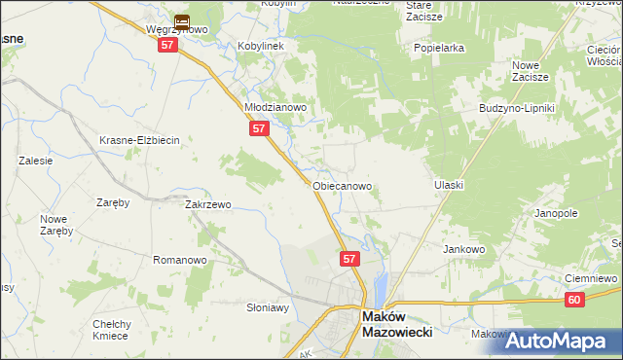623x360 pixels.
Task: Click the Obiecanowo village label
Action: (342, 185)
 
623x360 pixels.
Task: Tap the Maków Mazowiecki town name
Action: (396, 324)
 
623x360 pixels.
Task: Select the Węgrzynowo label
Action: (177, 30)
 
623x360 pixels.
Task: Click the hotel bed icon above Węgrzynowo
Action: (181, 19)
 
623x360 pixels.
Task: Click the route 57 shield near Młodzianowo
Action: (258, 128)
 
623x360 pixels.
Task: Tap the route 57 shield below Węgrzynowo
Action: (168, 46)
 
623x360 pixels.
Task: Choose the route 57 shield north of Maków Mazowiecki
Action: (350, 259)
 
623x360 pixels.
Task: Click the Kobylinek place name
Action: (261, 47)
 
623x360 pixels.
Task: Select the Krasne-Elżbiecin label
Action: (139, 140)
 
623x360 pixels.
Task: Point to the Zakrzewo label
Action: (207, 205)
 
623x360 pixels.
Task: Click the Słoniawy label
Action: (268, 307)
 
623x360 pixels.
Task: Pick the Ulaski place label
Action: (448, 185)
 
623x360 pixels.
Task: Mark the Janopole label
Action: (556, 212)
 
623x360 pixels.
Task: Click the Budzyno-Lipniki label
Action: (516, 108)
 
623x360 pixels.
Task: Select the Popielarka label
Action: (438, 48)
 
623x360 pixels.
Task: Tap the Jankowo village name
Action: (464, 249)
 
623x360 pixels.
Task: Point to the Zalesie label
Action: (34, 161)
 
